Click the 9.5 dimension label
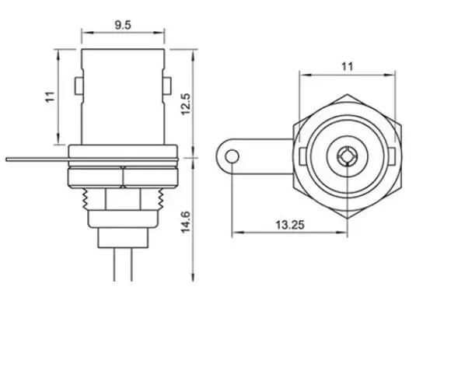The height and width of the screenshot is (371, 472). point(122,25)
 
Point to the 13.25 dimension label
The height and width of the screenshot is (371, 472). point(289,224)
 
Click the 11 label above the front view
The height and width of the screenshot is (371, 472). point(347,67)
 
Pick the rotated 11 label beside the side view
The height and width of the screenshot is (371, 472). point(50,96)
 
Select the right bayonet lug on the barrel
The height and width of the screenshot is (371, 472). point(166,85)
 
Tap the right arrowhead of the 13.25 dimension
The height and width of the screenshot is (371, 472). point(343,232)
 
